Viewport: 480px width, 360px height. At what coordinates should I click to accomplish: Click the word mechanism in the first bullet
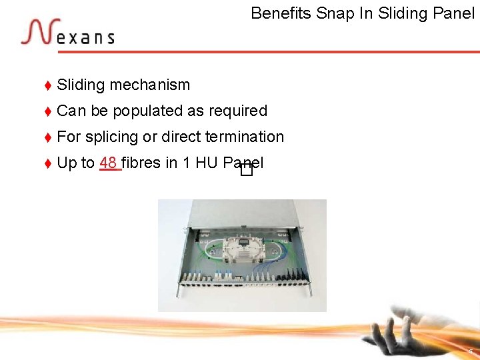pyautogui.click(x=150, y=85)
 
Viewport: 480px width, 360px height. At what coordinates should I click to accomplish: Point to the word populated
pyautogui.click(x=143, y=111)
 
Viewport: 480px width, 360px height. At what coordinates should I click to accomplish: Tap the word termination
pyautogui.click(x=245, y=137)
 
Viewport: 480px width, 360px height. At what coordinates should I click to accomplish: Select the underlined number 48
pyautogui.click(x=109, y=163)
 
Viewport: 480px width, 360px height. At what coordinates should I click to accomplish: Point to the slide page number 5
pyautogui.click(x=471, y=351)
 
